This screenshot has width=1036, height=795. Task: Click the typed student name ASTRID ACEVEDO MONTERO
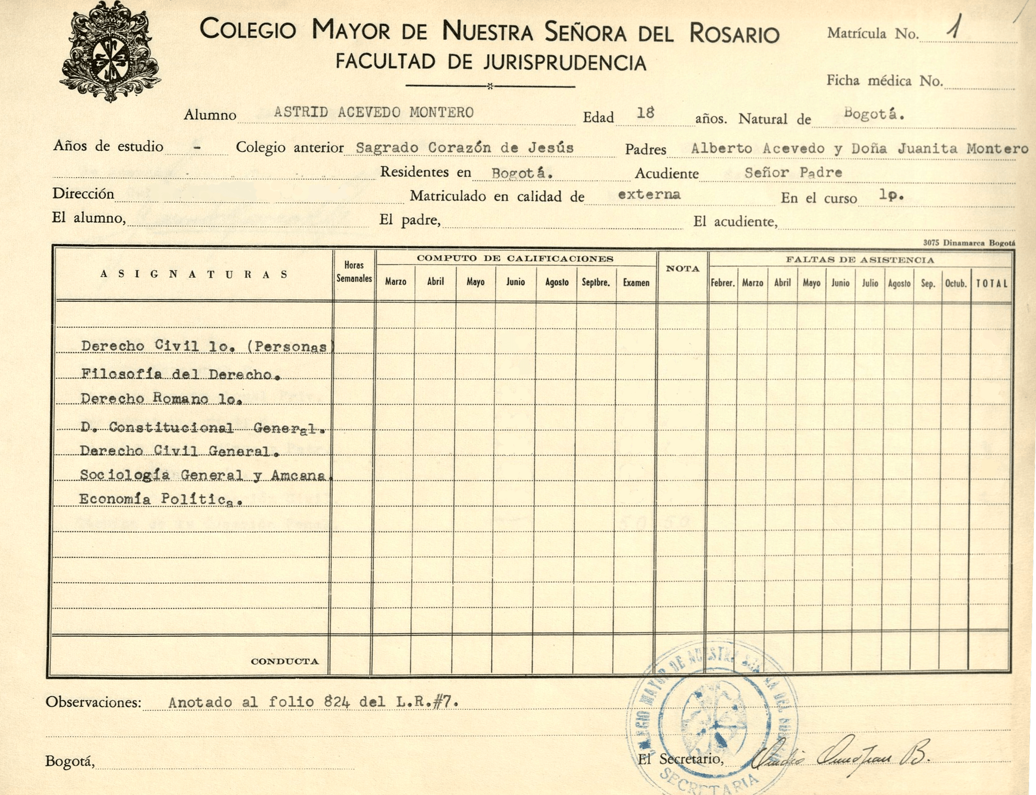pyautogui.click(x=373, y=113)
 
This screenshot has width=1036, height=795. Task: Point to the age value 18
pyautogui.click(x=645, y=113)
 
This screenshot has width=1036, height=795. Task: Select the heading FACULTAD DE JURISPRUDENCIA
pyautogui.click(x=490, y=62)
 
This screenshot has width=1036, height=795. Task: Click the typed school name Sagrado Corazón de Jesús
pyautogui.click(x=464, y=148)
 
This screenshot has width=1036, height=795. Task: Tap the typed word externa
pyautogui.click(x=649, y=194)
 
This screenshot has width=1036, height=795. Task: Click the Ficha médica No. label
pyautogui.click(x=884, y=81)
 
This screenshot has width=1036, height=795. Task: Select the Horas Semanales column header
pyautogui.click(x=354, y=272)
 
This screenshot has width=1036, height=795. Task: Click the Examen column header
pyautogui.click(x=636, y=282)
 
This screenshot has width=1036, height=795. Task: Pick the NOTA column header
pyautogui.click(x=682, y=269)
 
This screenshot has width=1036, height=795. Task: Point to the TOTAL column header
pyautogui.click(x=991, y=283)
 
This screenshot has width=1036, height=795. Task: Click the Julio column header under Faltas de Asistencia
pyautogui.click(x=870, y=283)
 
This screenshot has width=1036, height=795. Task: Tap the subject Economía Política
pyautogui.click(x=161, y=499)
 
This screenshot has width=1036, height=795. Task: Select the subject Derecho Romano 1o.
pyautogui.click(x=161, y=399)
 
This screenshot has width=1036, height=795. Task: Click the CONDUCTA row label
pyautogui.click(x=284, y=661)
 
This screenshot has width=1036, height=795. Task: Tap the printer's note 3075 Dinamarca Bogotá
pyautogui.click(x=969, y=243)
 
